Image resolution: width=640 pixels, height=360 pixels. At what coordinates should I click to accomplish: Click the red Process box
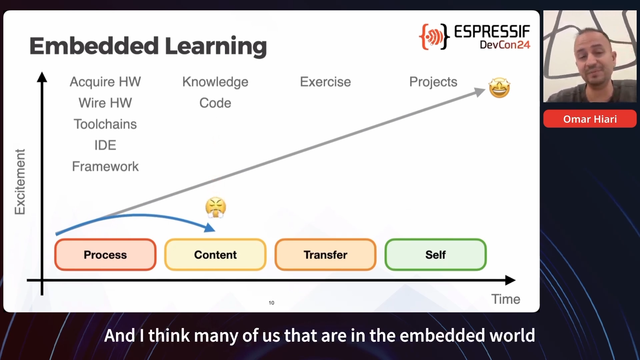pos(105,255)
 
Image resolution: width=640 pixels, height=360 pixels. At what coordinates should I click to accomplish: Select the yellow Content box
pos(215,255)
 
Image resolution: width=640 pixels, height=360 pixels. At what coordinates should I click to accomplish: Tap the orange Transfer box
pos(325,255)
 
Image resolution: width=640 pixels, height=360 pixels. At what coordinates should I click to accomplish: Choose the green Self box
pos(435,255)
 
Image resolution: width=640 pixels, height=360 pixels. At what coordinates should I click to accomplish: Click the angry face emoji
pos(216,207)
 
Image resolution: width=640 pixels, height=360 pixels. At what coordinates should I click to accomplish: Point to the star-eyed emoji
pos(499,88)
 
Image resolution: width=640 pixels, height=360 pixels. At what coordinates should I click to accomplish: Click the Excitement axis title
pos(20,182)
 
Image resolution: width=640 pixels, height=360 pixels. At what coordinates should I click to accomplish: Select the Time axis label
pos(506,299)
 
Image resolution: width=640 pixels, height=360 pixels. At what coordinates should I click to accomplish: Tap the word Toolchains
pos(105,124)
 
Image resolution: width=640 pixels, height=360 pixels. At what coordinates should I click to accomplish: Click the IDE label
pos(105,145)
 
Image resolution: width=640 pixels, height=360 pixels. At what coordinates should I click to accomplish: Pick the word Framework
pos(105,166)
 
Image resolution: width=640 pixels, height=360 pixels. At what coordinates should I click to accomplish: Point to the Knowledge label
pos(215,82)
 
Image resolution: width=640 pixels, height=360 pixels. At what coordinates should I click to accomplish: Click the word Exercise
pos(325,82)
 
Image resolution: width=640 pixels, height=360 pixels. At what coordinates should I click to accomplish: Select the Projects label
pos(433,82)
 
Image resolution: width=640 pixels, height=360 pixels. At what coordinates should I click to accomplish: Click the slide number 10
pos(271,303)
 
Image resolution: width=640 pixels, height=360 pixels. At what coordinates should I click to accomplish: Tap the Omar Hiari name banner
pos(590,119)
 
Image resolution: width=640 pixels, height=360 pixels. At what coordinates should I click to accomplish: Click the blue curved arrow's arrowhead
pos(210,228)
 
